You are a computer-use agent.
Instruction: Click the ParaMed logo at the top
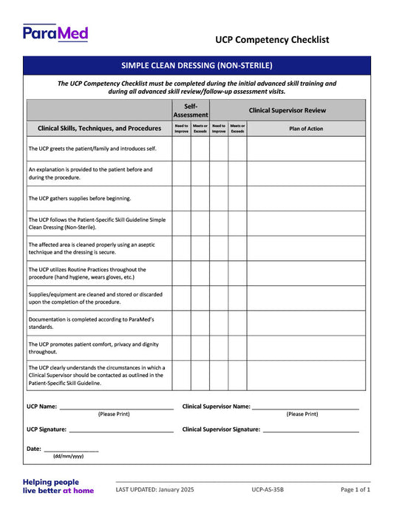pyautogui.click(x=55, y=33)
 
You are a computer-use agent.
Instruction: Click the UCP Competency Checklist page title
pyautogui.click(x=272, y=40)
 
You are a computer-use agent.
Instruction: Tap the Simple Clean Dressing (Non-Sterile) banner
pyautogui.click(x=197, y=65)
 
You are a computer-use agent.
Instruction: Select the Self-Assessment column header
pyautogui.click(x=191, y=110)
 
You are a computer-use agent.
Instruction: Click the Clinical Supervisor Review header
pyautogui.click(x=287, y=110)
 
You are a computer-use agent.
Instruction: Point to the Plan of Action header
pyautogui.click(x=305, y=129)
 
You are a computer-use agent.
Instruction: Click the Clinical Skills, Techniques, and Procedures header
pyautogui.click(x=99, y=129)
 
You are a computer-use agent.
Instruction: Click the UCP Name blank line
pyautogui.click(x=116, y=407)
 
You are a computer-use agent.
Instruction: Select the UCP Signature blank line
pyautogui.click(x=121, y=430)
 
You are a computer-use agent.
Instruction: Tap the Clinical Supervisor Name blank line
pyautogui.click(x=305, y=407)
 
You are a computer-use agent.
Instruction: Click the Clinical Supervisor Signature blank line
pyautogui.click(x=310, y=430)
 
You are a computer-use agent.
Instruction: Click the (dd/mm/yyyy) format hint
pyautogui.click(x=68, y=457)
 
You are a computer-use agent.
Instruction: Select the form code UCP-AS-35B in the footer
pyautogui.click(x=267, y=489)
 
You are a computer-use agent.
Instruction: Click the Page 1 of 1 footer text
pyautogui.click(x=356, y=489)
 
